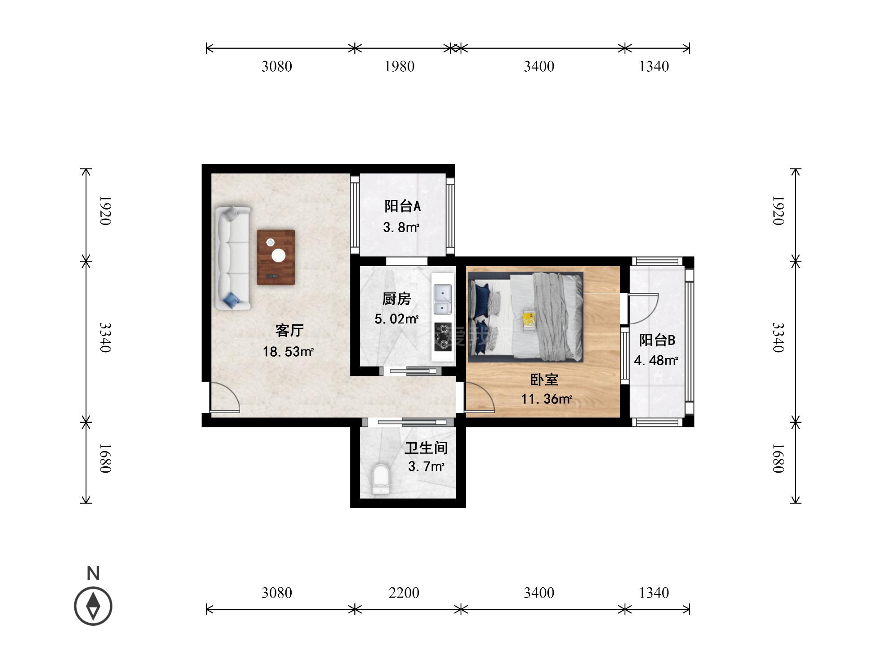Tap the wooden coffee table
(276, 257)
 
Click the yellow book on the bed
(529, 319)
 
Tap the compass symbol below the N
(93, 606)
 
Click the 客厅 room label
(289, 331)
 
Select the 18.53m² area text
(288, 352)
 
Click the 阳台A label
(402, 206)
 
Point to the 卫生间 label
(426, 448)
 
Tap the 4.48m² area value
(656, 360)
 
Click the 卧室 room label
(544, 379)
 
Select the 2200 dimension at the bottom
(404, 593)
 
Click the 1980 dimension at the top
(399, 66)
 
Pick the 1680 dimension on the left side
(105, 458)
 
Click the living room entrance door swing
(225, 397)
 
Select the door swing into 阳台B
(643, 309)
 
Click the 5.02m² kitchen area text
(396, 319)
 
